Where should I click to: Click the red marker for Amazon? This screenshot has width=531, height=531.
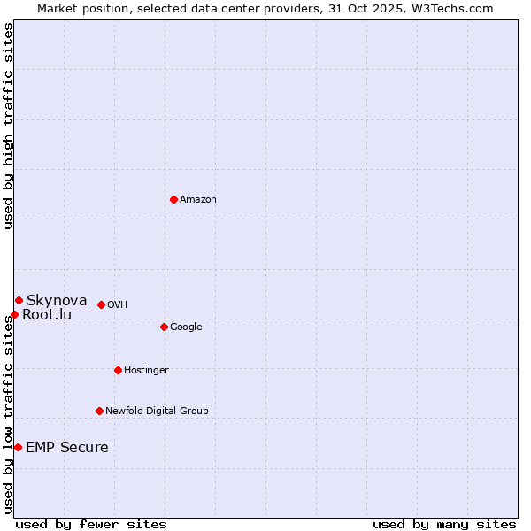(173, 199)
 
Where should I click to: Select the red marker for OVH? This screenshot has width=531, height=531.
(101, 304)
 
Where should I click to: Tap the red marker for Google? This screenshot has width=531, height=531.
(164, 327)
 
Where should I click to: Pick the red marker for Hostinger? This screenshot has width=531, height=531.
(118, 370)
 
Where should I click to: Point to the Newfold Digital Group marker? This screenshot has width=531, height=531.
(99, 411)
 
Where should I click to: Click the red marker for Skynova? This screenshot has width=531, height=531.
(19, 300)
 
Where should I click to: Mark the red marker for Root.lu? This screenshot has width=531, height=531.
(14, 314)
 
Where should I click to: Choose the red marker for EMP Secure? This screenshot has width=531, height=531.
(18, 447)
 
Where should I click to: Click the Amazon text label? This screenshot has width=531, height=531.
(198, 199)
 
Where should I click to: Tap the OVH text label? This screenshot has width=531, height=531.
(118, 304)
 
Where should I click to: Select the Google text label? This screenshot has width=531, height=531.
(186, 327)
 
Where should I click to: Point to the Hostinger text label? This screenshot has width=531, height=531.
(146, 370)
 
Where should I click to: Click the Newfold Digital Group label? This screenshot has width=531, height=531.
(157, 411)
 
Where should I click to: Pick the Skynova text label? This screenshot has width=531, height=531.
(57, 300)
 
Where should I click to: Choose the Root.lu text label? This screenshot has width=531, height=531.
(47, 314)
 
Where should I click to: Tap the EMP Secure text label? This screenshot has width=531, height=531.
(67, 447)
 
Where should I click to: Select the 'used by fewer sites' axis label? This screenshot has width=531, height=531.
(91, 524)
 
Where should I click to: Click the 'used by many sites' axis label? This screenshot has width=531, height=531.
(444, 524)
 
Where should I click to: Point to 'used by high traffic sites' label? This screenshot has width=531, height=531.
(8, 126)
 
